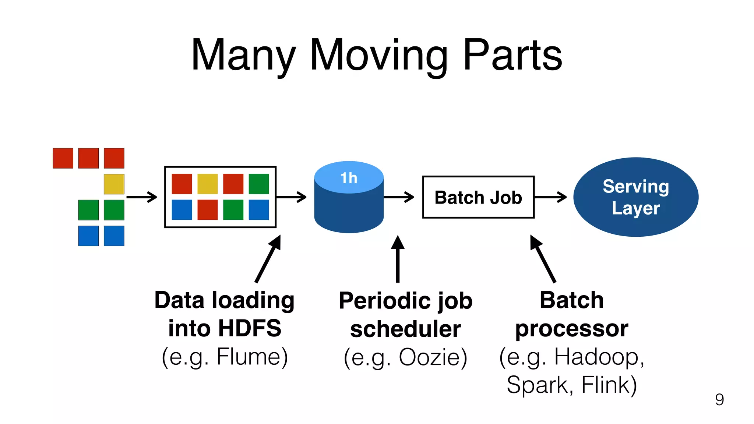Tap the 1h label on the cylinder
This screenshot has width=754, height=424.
tap(349, 178)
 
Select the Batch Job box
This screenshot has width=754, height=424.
tap(478, 197)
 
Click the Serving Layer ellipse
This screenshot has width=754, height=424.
tap(636, 197)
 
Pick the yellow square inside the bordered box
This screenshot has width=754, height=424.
tap(208, 184)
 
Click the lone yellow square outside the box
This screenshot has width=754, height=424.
tap(114, 184)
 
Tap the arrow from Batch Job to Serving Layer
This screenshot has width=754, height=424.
tap(550, 197)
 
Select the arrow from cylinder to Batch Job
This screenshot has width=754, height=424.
tap(399, 197)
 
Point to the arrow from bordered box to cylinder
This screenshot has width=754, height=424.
tap(291, 197)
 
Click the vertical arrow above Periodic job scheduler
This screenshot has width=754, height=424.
tap(398, 259)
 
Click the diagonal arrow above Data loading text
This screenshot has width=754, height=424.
tap(268, 259)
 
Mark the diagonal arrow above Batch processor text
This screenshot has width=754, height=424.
tap(543, 259)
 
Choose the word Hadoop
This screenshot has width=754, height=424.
tap(599, 357)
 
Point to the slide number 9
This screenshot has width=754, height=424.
tap(719, 400)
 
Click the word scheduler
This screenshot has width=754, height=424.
tap(405, 329)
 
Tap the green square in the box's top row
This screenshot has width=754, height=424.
tap(259, 184)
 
